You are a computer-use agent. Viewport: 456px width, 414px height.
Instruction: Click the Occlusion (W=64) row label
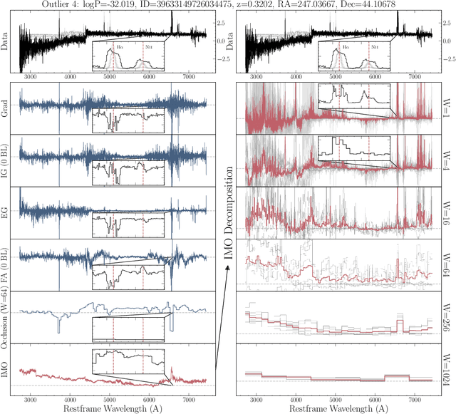click(x=6, y=313)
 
